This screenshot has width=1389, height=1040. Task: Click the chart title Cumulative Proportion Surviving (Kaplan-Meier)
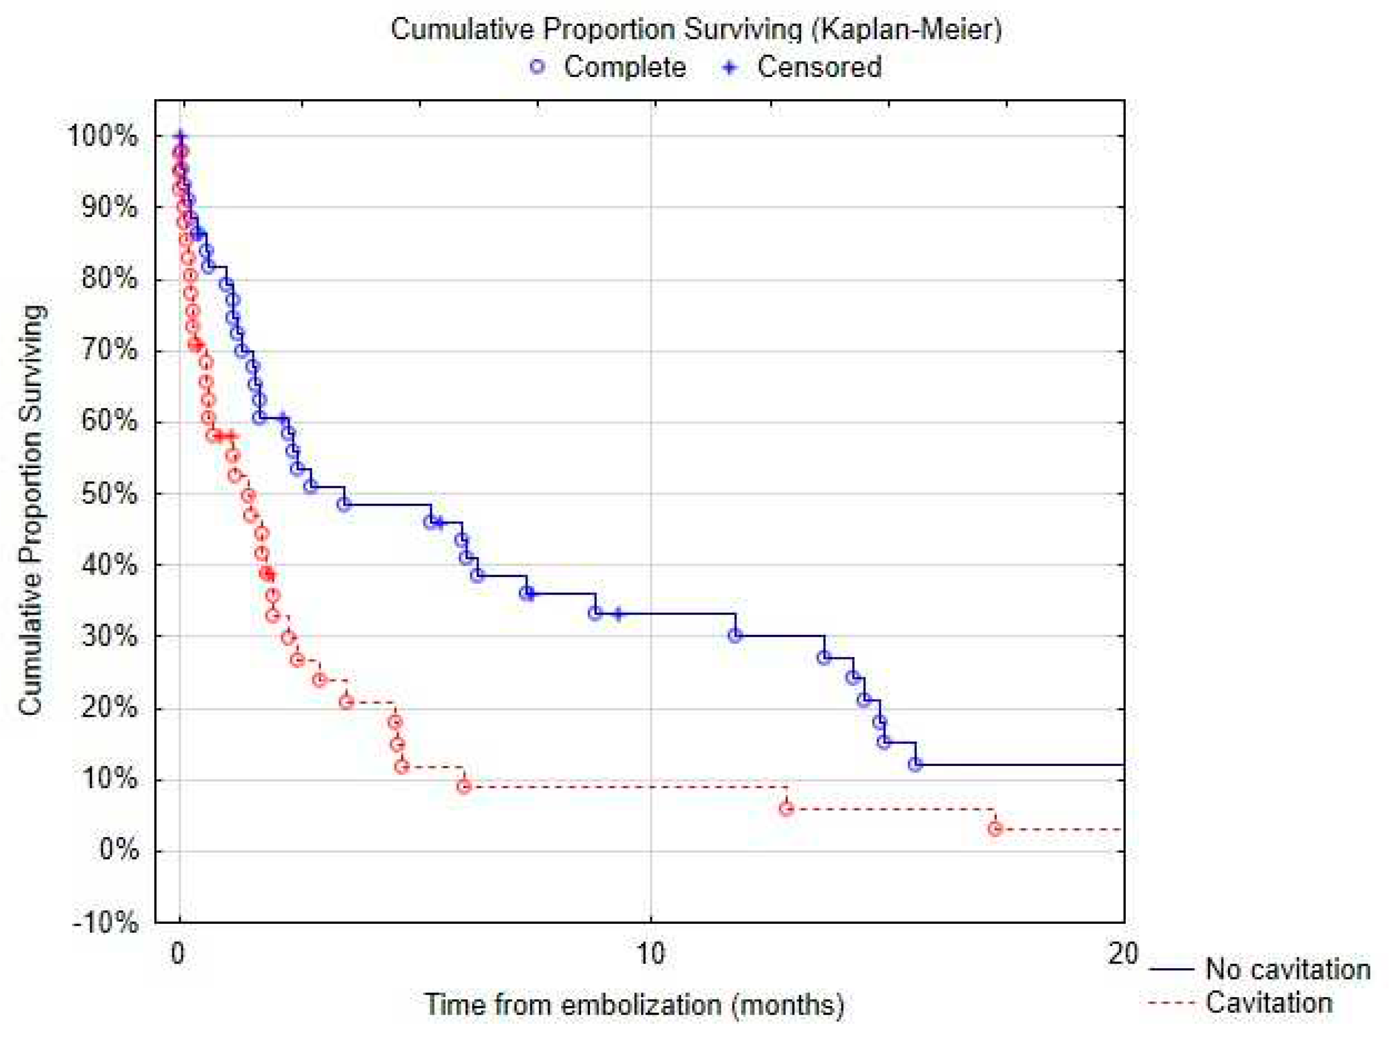tap(696, 29)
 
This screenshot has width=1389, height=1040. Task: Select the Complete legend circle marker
tap(537, 67)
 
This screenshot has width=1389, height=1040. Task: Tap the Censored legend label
tap(819, 67)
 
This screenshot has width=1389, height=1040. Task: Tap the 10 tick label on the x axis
tap(650, 953)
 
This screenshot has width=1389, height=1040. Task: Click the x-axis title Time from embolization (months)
tap(634, 1004)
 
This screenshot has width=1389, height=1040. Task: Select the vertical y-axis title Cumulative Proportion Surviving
tap(31, 510)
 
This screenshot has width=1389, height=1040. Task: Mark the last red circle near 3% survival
tap(995, 829)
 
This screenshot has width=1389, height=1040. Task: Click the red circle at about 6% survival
tap(786, 808)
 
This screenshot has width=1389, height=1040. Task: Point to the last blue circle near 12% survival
tap(916, 764)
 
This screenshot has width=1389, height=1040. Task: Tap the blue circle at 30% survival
tap(736, 635)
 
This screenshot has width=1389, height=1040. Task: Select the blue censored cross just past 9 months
tap(618, 614)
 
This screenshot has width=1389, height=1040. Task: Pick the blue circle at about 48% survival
tap(343, 504)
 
